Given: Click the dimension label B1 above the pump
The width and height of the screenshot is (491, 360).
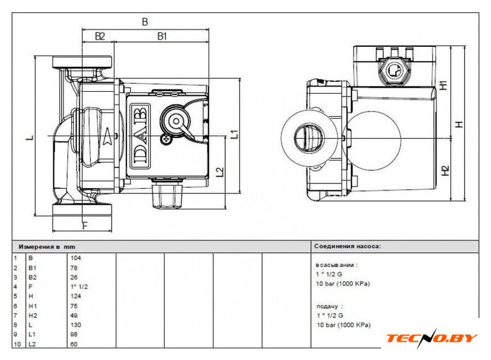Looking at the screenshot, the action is click(161, 37).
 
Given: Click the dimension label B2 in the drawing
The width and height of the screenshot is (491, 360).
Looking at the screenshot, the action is click(99, 37).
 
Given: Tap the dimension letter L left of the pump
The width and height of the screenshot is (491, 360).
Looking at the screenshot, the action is click(30, 137).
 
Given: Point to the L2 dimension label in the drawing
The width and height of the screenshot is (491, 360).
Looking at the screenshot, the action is click(220, 172).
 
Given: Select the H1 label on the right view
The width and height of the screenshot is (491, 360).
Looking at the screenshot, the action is click(444, 85).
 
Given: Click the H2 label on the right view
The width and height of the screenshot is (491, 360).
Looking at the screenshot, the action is click(445, 171).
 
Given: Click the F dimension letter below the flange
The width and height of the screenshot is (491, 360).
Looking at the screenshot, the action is click(85, 226).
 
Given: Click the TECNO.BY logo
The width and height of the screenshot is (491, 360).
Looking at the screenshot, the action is click(431, 338).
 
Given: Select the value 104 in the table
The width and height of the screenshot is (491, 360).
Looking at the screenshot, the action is click(75, 258).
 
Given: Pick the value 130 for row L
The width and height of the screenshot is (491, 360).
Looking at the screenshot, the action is click(75, 325).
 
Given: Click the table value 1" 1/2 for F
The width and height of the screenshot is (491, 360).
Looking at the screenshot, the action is click(79, 286).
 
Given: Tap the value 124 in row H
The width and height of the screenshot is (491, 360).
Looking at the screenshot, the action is click(75, 296).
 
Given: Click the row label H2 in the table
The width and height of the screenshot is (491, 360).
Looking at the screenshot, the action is click(33, 316).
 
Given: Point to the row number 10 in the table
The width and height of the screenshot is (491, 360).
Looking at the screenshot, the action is click(17, 344).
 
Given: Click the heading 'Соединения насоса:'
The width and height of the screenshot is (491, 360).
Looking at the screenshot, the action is click(347, 247).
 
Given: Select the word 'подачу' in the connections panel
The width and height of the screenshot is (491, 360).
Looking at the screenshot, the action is click(327, 306).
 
